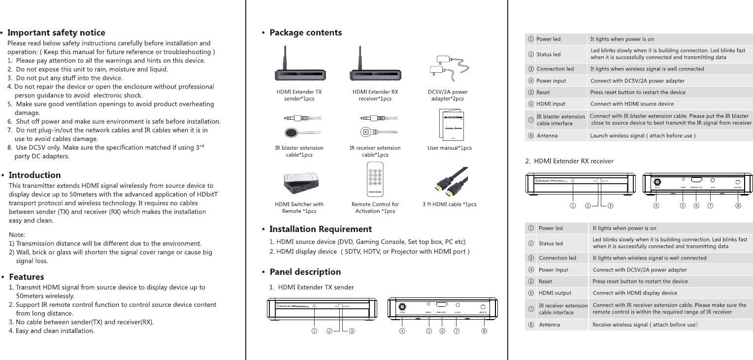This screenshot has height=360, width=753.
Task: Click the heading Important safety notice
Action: pos(57,33)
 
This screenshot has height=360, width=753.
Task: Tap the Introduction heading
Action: pos(35,175)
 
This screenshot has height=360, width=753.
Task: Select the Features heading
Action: pos(27,277)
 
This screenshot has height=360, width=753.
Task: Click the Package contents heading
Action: pos(305,33)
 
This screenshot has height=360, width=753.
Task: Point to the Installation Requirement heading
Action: pos(321,229)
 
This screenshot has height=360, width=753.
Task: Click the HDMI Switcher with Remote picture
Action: pos(299,182)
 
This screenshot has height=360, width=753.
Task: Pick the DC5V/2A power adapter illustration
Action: pos(449,66)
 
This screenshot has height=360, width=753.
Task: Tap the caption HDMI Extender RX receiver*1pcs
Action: pos(375,95)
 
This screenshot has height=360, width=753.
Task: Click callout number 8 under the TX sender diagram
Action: pos(485,331)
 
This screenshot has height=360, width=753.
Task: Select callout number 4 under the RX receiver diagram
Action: pos(656,206)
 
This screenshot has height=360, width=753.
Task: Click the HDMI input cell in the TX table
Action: pos(551,104)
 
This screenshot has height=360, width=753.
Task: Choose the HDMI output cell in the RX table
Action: pos(555,293)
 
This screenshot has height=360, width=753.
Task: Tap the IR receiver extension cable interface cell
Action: pos(563,309)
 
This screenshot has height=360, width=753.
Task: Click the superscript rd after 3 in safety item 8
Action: pos(199,147)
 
